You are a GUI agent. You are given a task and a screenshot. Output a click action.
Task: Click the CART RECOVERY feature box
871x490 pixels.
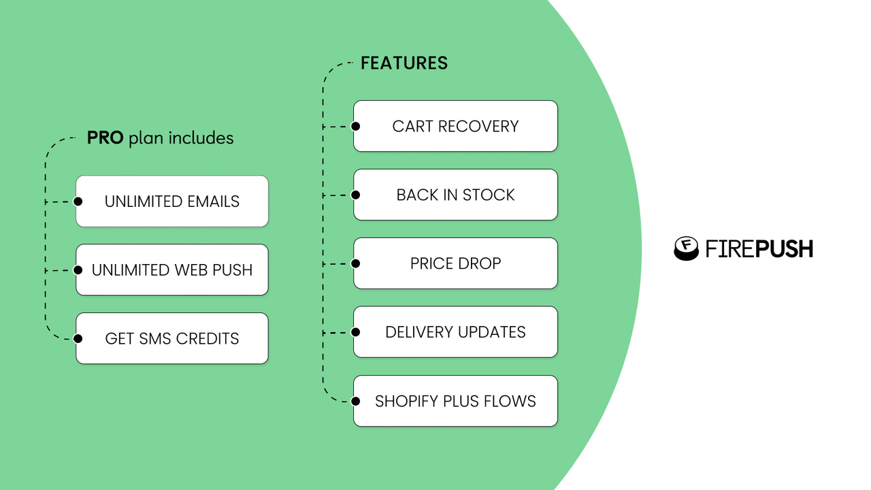click(x=455, y=126)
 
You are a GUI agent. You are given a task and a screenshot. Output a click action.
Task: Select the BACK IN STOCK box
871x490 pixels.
click(x=455, y=195)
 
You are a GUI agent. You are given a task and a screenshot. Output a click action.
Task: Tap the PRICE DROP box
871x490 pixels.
click(x=455, y=263)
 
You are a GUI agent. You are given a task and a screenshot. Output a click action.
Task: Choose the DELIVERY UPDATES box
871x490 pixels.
click(x=455, y=332)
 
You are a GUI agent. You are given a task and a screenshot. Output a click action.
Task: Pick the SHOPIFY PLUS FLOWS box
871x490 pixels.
click(x=455, y=401)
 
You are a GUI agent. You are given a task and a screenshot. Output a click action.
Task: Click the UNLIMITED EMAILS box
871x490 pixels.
click(x=172, y=201)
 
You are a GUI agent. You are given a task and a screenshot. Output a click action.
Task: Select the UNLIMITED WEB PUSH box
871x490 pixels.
click(x=172, y=270)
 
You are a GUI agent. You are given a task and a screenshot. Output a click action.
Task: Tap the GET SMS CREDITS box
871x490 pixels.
click(x=172, y=338)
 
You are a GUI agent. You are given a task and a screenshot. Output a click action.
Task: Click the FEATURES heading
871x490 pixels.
click(x=404, y=63)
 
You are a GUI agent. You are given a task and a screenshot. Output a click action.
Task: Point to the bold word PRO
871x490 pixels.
click(x=105, y=138)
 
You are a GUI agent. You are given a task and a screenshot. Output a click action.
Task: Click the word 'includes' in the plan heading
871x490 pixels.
click(x=201, y=138)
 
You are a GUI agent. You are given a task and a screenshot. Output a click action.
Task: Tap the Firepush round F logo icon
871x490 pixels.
click(x=687, y=248)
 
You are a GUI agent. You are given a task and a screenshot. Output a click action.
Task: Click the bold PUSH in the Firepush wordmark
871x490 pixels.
click(x=786, y=249)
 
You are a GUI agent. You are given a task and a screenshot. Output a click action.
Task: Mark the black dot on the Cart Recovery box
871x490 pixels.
click(x=355, y=126)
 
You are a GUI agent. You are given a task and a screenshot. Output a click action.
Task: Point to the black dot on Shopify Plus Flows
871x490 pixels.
click(x=355, y=401)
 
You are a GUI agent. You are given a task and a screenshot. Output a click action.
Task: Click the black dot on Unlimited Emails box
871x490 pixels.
click(x=78, y=201)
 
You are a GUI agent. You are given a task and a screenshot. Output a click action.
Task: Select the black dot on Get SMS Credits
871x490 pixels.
click(x=78, y=338)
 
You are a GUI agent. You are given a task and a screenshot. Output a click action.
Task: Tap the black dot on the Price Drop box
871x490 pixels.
click(x=355, y=263)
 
